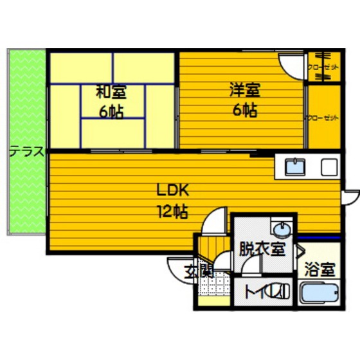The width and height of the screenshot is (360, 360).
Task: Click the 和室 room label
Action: (110, 93)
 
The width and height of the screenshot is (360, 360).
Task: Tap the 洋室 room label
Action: (243, 91)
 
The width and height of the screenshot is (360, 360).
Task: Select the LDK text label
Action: (171, 191)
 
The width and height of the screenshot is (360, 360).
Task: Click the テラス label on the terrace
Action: (26, 152)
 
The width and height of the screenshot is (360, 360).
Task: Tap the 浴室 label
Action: (319, 269)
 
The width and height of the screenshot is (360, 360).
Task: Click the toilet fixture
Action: (280, 292)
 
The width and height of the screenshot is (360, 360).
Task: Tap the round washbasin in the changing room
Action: (281, 230)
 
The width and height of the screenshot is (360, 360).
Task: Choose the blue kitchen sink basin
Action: (296, 168)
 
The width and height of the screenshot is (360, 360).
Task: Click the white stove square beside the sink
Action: (328, 168)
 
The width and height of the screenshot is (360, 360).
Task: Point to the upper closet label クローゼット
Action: (319, 67)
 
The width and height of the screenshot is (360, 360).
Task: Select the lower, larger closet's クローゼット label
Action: (321, 117)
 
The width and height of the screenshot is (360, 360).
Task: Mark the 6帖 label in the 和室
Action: (111, 111)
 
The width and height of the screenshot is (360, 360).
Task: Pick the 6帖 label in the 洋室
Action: (244, 110)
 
